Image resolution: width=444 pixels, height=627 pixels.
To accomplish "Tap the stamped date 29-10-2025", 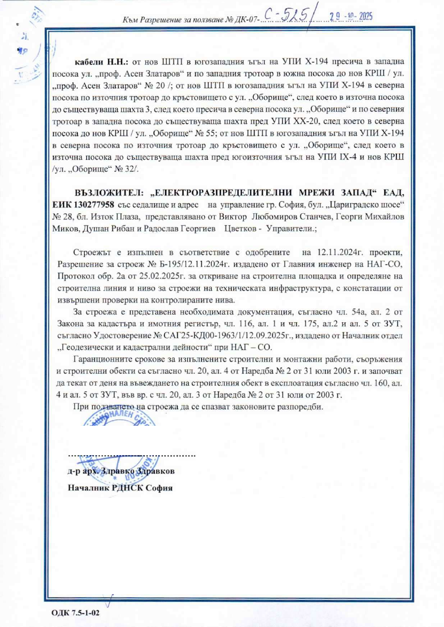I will point(351,17).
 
